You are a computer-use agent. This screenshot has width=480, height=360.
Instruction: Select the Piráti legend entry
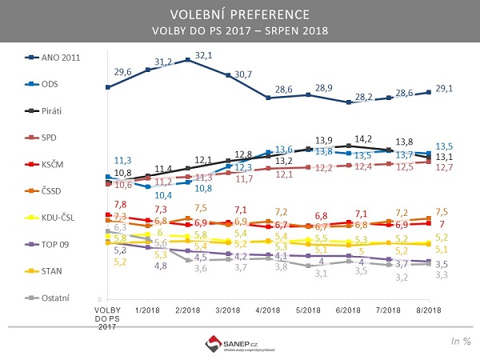tap(48, 110)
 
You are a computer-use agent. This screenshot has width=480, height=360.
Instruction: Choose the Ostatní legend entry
tap(49, 297)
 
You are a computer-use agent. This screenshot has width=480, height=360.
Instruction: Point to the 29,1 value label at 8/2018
tap(443, 89)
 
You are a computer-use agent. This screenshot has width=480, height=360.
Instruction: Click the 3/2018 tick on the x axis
tap(229, 309)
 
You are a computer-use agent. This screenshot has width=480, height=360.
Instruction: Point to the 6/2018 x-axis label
tap(350, 309)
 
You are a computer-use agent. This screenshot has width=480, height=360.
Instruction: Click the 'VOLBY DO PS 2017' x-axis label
tap(106, 317)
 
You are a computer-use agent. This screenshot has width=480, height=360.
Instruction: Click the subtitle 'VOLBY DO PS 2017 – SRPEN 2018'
tap(240, 31)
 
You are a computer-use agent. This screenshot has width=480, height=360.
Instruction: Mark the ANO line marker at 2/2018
tap(188, 60)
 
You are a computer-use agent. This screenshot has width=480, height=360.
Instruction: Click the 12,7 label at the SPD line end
tap(446, 167)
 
